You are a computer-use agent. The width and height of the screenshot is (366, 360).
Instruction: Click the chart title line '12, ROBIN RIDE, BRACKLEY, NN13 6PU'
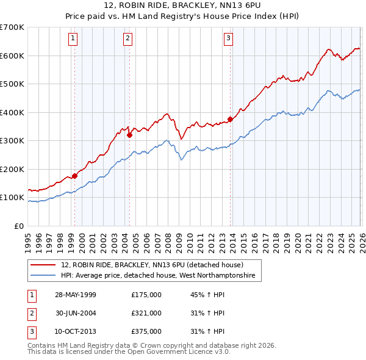click(x=182, y=7)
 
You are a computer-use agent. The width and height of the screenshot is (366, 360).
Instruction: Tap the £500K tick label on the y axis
click(x=12, y=84)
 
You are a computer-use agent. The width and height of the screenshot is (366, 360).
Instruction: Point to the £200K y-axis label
click(x=12, y=169)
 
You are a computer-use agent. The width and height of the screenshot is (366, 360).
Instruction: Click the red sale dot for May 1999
click(x=74, y=176)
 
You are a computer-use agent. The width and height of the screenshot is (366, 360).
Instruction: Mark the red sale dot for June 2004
click(x=129, y=135)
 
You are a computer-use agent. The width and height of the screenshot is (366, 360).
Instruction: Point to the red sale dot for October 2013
click(x=230, y=119)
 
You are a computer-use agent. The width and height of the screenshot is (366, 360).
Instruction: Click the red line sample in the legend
click(x=43, y=265)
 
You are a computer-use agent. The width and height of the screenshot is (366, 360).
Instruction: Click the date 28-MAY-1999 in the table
click(x=75, y=295)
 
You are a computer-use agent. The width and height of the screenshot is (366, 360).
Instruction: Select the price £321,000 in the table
click(x=146, y=313)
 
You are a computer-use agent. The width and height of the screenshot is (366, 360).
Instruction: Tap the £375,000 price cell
click(x=146, y=331)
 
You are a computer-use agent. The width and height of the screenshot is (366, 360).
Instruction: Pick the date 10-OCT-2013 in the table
click(x=75, y=331)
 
